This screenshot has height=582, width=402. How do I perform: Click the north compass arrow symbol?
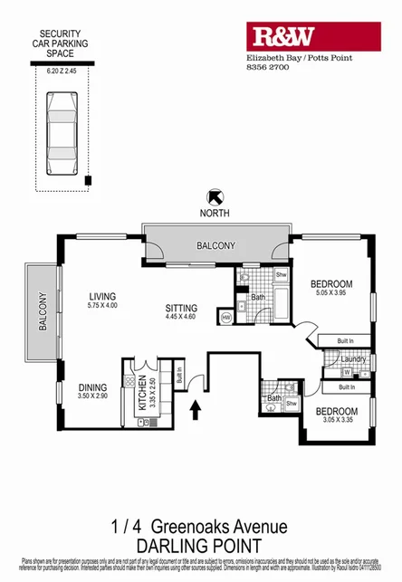(216, 195)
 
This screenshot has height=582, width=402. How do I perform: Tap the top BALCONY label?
(216, 245)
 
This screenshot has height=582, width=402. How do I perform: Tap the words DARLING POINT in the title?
(200, 546)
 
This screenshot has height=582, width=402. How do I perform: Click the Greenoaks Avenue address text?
(219, 526)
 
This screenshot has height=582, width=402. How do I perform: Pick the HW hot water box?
(225, 317)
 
